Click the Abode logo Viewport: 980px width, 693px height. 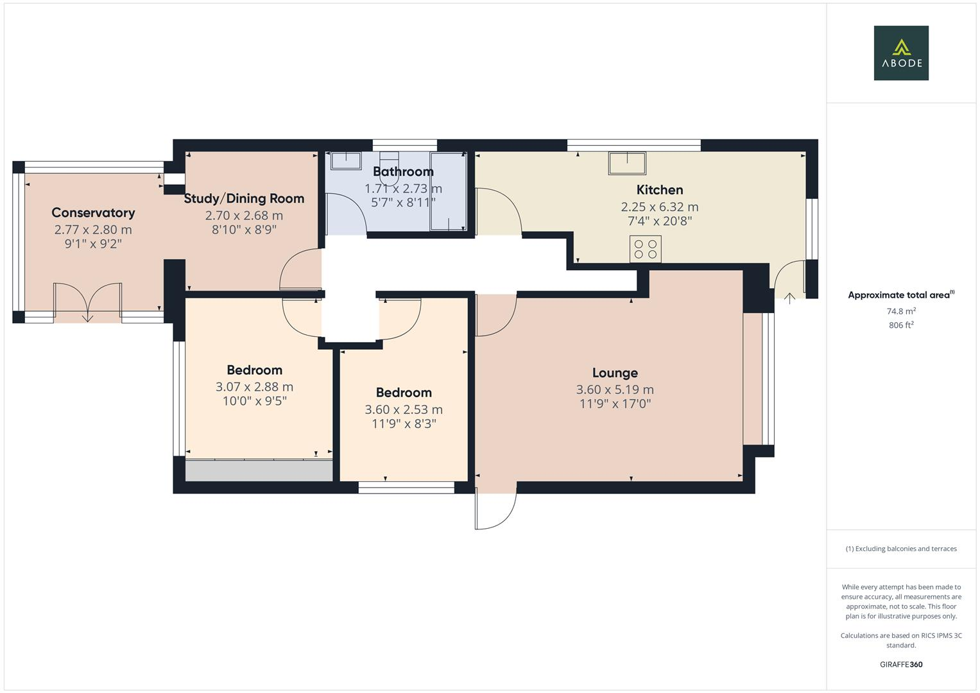coord(901,53)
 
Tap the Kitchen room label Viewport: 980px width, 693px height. coord(660,190)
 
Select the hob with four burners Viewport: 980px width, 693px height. coord(646,249)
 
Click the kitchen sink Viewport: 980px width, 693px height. coord(627,163)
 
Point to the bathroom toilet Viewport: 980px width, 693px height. coord(389,168)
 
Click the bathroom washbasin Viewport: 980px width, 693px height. coord(346,160)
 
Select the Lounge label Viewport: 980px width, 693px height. coord(615,373)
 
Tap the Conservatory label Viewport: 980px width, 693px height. coord(93,212)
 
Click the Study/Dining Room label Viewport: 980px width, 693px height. coord(244,199)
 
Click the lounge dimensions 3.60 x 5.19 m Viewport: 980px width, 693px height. coord(615,389)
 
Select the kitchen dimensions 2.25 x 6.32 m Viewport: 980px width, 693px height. coord(660,207)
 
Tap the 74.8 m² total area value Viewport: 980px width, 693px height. coord(901,311)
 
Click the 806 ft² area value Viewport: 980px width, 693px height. coord(901,325)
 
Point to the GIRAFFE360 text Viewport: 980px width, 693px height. coord(901,665)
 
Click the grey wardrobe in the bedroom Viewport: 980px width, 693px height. coord(259,470)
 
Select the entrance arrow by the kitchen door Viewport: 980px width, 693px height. coord(789,298)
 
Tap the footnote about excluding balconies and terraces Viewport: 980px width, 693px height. coord(901,549)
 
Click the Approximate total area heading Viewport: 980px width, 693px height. coord(901,295)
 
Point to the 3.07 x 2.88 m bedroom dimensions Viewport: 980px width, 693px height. coord(255,387)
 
